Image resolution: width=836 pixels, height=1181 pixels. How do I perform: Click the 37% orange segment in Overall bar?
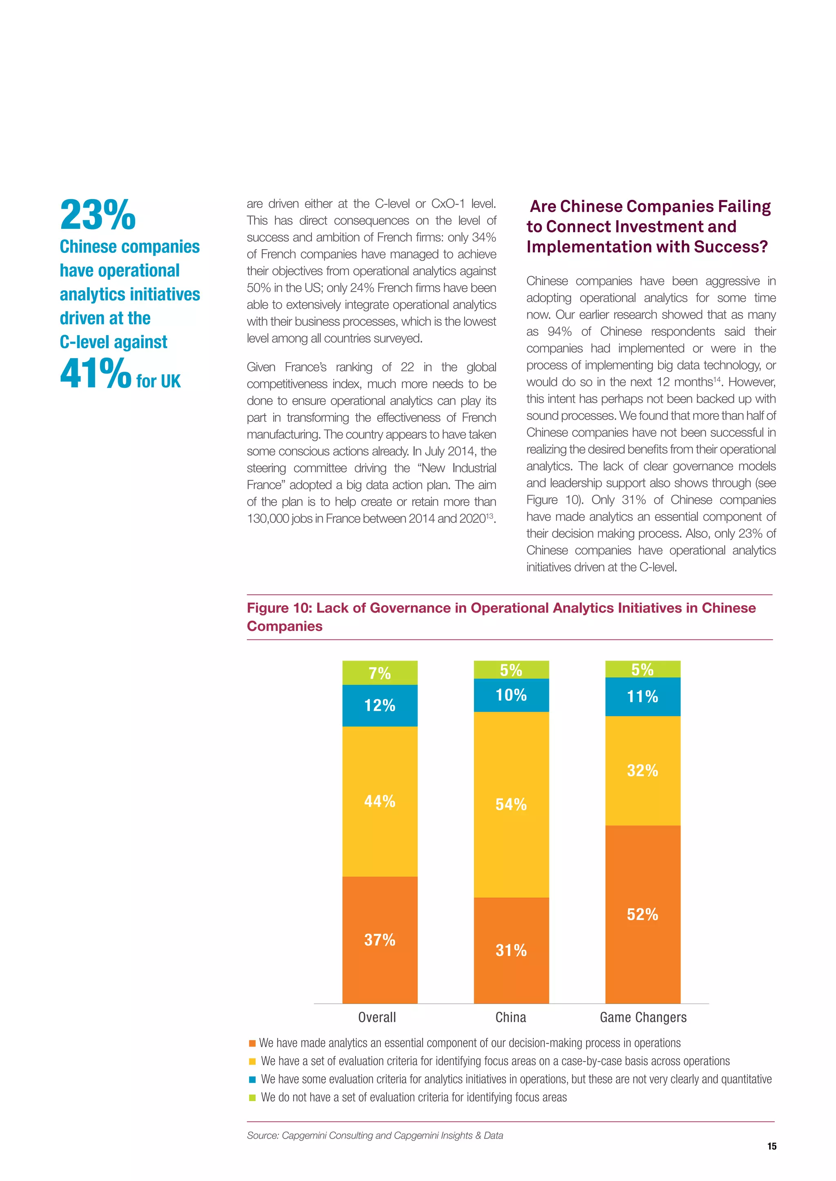pyautogui.click(x=380, y=939)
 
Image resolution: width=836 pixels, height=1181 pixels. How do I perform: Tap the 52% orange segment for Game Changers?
pyautogui.click(x=643, y=914)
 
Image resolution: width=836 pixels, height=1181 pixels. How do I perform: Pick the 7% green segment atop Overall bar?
pyautogui.click(x=380, y=673)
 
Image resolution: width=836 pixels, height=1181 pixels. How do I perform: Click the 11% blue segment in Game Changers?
pyautogui.click(x=643, y=697)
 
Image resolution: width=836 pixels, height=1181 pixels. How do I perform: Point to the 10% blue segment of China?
pyautogui.click(x=511, y=695)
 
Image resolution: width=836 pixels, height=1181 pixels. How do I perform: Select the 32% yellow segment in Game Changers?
pyautogui.click(x=643, y=770)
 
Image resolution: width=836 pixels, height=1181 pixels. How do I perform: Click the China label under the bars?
pyautogui.click(x=511, y=1017)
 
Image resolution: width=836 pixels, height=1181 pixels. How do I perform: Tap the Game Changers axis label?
pyautogui.click(x=643, y=1017)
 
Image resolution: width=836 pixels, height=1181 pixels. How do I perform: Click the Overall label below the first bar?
pyautogui.click(x=377, y=1017)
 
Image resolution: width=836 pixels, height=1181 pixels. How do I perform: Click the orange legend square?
pyautogui.click(x=252, y=1043)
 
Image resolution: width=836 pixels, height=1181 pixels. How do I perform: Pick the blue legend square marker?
pyautogui.click(x=252, y=1079)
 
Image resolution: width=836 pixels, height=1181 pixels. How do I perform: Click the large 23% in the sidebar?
pyautogui.click(x=98, y=215)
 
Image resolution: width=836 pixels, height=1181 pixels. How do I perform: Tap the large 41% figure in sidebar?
pyautogui.click(x=96, y=374)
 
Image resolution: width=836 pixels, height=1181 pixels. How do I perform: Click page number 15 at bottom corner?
pyautogui.click(x=772, y=1146)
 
